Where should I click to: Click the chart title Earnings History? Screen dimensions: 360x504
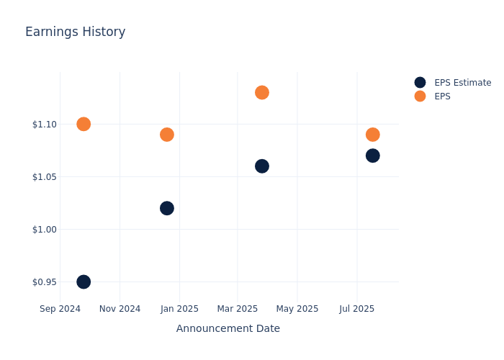point(75,32)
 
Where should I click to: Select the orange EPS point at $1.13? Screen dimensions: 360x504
point(262,92)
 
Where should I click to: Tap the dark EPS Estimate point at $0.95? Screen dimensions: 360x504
point(84,282)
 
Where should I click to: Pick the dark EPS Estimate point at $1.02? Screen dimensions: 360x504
point(167,208)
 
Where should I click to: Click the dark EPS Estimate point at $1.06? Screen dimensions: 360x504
point(262,166)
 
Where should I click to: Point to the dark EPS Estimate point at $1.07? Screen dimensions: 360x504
point(372,156)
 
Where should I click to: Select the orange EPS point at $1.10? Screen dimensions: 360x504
point(84,124)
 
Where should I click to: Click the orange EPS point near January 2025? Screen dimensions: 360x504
point(167,135)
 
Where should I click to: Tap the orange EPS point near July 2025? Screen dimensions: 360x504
point(372,135)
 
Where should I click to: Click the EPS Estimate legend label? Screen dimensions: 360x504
point(462,83)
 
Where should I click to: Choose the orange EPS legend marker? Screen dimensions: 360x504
point(420,96)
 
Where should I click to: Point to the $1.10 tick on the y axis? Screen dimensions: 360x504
point(44,125)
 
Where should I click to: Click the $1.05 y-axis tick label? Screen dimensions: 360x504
point(44,177)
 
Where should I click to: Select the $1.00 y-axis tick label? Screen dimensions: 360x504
point(44,230)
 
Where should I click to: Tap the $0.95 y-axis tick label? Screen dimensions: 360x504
point(44,282)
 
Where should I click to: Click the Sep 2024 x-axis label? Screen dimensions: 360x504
point(60,309)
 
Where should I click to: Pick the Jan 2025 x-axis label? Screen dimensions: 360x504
point(179,309)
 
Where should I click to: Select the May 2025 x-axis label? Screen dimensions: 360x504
point(297,309)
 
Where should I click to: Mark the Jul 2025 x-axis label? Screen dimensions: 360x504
point(356,309)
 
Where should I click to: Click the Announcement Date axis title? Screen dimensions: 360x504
point(228,328)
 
